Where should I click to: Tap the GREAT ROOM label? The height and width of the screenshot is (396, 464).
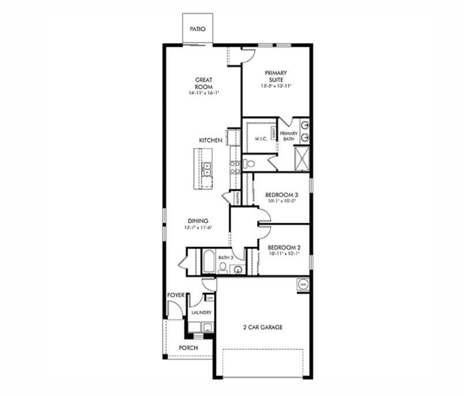click(204, 83)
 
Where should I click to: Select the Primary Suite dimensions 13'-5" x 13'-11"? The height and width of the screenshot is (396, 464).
click(275, 86)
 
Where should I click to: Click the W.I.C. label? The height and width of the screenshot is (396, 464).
click(259, 139)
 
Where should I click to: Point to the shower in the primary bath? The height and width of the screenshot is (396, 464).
click(302, 159)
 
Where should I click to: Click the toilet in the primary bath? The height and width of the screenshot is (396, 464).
click(248, 163)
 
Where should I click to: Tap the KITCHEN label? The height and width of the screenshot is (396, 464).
click(211, 140)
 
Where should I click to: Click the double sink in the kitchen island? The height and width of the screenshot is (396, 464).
click(206, 169)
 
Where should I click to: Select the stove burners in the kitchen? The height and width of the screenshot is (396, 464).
click(235, 167)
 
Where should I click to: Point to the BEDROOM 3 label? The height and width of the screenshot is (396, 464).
click(281, 195)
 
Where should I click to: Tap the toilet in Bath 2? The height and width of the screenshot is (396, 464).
click(222, 267)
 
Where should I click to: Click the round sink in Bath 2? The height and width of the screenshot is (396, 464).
click(237, 269)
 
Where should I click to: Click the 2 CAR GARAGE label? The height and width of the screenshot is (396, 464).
click(262, 327)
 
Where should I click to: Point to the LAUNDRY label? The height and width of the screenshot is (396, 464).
click(201, 312)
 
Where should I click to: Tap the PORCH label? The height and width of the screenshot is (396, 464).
click(188, 348)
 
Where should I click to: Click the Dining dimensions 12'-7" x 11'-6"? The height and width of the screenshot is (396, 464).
click(197, 227)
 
